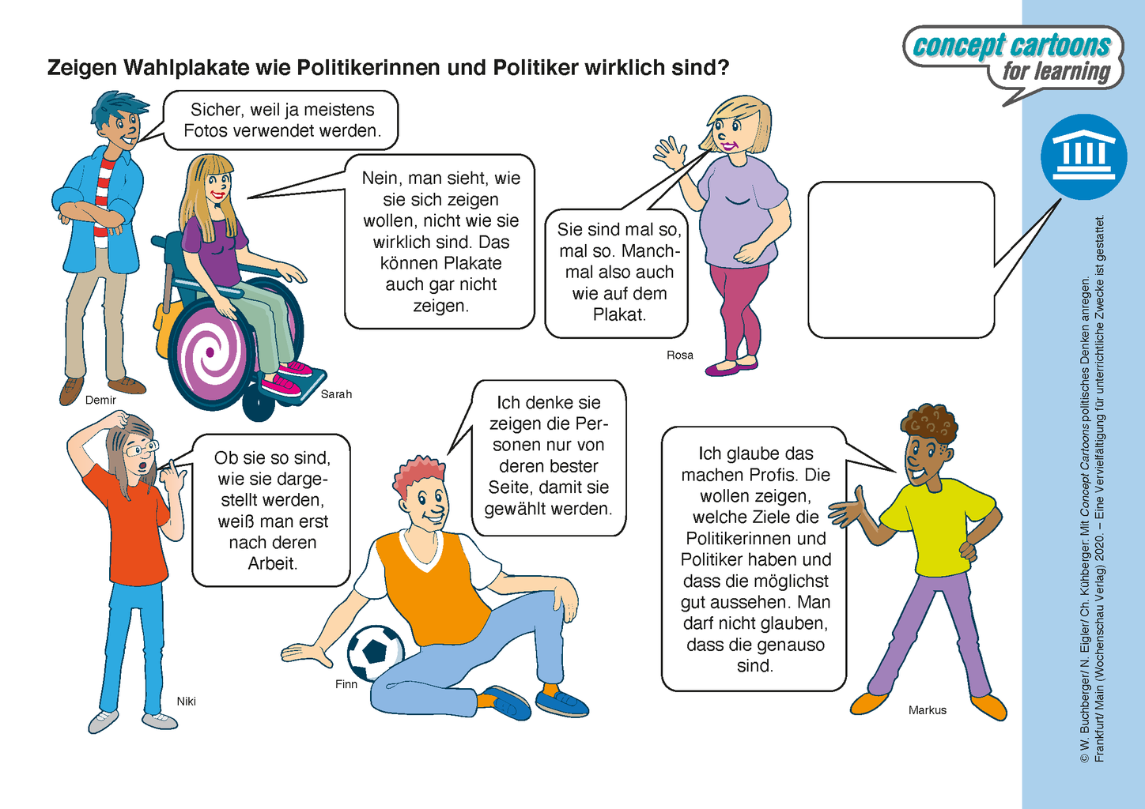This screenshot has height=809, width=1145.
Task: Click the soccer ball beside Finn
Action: click(375, 653)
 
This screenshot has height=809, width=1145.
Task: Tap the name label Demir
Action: click(100, 401)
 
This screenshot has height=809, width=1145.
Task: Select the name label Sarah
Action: click(336, 394)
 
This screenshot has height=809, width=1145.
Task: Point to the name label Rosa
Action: click(679, 356)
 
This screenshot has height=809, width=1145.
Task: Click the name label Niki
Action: click(186, 702)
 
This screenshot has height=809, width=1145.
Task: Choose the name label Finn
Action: click(346, 684)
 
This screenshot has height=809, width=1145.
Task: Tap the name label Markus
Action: click(927, 710)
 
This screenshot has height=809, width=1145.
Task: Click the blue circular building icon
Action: click(1083, 156)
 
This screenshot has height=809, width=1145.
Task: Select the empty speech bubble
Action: click(901, 260)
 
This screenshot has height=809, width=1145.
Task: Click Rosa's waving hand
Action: click(670, 153)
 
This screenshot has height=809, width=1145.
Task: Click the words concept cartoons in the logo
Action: click(1011, 46)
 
